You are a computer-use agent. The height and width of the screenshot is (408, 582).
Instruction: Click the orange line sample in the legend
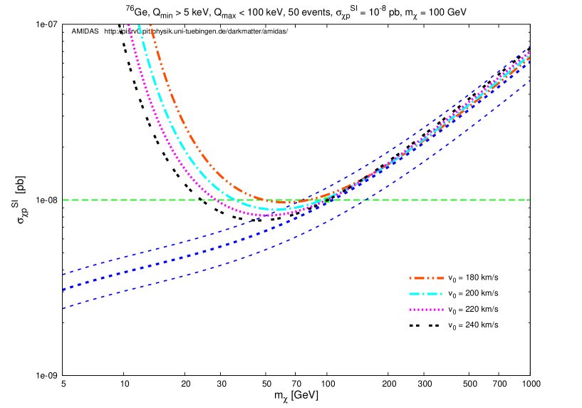tap(426, 278)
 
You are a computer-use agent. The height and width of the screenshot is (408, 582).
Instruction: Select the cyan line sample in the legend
tap(426, 294)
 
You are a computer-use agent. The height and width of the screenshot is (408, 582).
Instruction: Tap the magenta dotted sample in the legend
tap(426, 310)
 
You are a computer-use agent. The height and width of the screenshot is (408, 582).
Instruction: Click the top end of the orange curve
tap(150, 26)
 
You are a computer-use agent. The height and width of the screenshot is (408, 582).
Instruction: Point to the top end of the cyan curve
tap(139, 26)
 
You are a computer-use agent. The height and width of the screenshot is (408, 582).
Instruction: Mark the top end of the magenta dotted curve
tap(128, 26)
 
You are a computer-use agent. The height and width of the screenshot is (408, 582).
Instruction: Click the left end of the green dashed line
tap(63, 200)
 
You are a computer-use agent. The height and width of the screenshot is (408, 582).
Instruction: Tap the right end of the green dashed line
tap(529, 200)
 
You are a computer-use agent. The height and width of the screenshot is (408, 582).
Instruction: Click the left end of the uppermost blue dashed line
tap(63, 274)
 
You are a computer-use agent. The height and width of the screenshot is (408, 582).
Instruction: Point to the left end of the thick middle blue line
tap(63, 290)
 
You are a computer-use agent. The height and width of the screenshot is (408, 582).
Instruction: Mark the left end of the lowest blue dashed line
tap(63, 308)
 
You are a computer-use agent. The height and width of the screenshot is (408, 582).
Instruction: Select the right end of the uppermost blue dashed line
tap(529, 48)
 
